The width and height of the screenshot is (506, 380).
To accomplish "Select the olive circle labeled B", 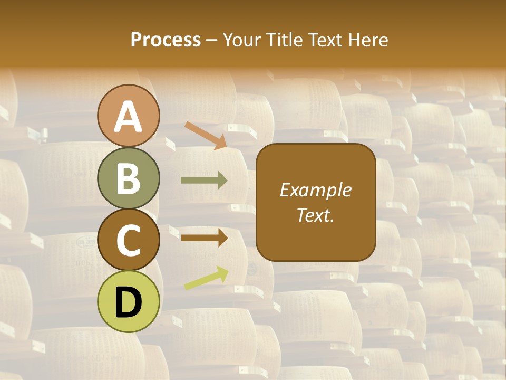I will click(129, 178).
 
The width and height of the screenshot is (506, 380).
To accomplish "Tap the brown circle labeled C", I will click(129, 239).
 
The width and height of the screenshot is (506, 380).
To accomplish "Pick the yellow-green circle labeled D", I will click(129, 301).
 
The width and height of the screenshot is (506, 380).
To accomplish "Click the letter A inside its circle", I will click(129, 117).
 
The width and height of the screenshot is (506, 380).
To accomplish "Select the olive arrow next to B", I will click(204, 180).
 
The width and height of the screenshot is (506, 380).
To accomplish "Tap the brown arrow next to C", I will click(204, 237).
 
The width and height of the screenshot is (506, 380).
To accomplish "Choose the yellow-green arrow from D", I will click(206, 278).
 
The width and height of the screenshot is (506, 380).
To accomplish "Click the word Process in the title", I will click(166, 40).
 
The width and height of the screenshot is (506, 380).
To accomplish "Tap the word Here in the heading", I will click(368, 40).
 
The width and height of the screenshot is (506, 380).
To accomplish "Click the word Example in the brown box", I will click(315, 190).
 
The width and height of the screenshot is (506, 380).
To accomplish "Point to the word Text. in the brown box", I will click(315, 215).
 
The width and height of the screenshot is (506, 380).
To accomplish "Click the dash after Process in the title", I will click(211, 41).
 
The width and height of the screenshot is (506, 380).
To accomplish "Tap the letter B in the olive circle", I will click(129, 179).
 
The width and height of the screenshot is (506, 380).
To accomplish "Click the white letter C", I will click(129, 241).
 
